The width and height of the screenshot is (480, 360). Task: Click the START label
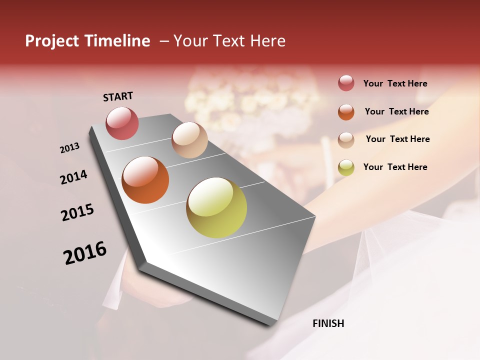coord(118,96)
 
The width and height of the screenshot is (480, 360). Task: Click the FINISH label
coord(328,323)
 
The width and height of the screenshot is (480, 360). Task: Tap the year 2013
coord(70,148)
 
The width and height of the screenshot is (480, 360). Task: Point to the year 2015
coord(77,212)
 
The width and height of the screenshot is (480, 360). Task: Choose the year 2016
coord(85,252)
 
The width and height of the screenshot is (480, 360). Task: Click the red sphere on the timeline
coord(122,123)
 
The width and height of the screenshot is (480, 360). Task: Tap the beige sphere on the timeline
coord(189,140)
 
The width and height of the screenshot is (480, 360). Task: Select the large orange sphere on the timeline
coord(145,180)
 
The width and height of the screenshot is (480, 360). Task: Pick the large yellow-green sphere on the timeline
coord(216,207)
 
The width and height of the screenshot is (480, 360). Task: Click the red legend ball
coord(346,83)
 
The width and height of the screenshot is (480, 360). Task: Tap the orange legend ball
coord(346,111)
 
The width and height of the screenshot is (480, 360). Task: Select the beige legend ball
coord(346,139)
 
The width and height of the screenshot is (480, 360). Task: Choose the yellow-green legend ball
coord(346,167)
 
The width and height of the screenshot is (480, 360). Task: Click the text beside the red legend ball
coord(395,83)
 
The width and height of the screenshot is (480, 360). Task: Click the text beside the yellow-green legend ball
coord(395,167)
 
